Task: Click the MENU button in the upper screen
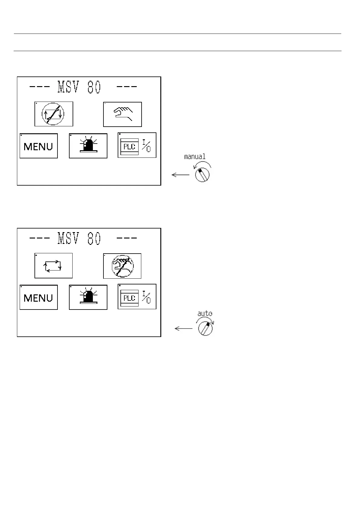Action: click(39, 146)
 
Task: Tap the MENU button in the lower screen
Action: click(39, 297)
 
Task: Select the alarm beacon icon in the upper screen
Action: click(88, 146)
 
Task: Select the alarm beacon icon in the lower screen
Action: click(88, 297)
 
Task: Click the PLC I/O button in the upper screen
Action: click(137, 145)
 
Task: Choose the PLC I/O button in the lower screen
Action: click(137, 297)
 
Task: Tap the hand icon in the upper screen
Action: click(123, 114)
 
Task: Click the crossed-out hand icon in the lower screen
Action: click(122, 266)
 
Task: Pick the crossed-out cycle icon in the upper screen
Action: click(54, 114)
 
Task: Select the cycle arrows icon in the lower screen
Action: click(54, 266)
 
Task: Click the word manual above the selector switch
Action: click(195, 157)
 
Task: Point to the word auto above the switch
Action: click(205, 313)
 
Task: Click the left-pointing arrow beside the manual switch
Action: click(180, 175)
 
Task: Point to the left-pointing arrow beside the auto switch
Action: click(184, 329)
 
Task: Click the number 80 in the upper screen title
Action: click(94, 87)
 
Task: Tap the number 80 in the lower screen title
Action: click(94, 239)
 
